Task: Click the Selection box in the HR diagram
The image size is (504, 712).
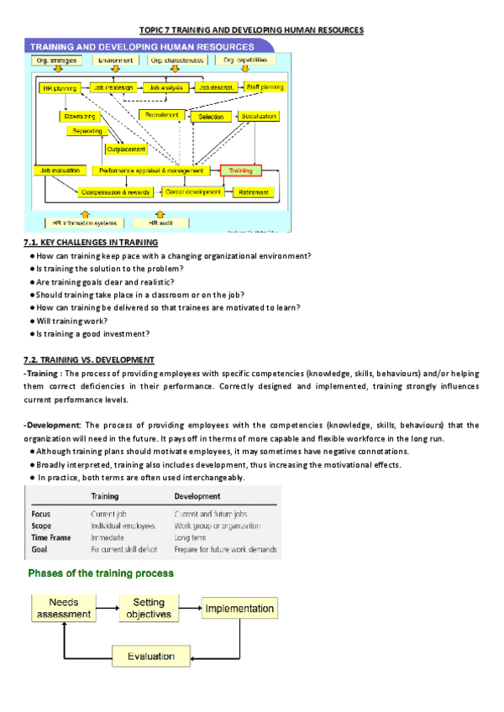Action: pyautogui.click(x=211, y=117)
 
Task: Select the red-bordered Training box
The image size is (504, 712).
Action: pyautogui.click(x=242, y=170)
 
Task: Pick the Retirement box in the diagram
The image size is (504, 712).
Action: pyautogui.click(x=254, y=192)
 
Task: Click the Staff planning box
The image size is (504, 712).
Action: pyautogui.click(x=264, y=87)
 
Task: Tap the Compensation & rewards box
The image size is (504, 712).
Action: pyautogui.click(x=115, y=192)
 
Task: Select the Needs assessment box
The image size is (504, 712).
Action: pyautogui.click(x=64, y=609)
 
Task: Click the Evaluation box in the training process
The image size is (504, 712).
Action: pyautogui.click(x=151, y=656)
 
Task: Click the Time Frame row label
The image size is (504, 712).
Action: pyautogui.click(x=51, y=537)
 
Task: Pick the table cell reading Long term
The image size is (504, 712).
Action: pyautogui.click(x=192, y=537)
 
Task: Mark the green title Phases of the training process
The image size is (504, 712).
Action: pyautogui.click(x=102, y=573)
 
